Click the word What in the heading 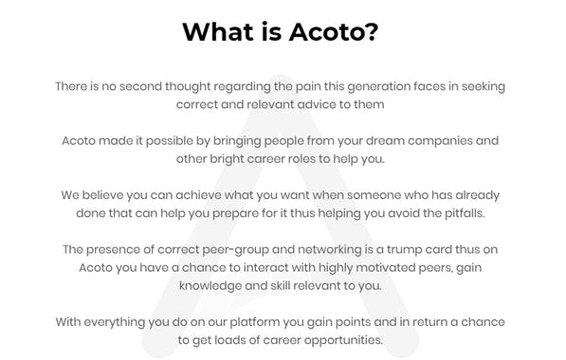coord(219,32)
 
